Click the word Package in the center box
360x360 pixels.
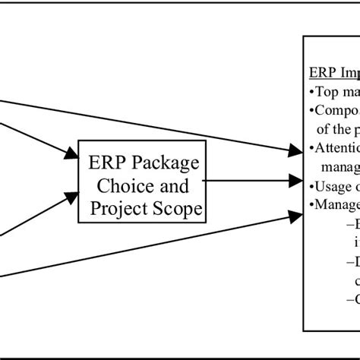coord(166,163)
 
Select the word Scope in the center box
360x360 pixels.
coord(173,207)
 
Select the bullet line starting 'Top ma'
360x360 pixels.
coord(334,92)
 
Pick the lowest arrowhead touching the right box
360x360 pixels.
coord(295,216)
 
